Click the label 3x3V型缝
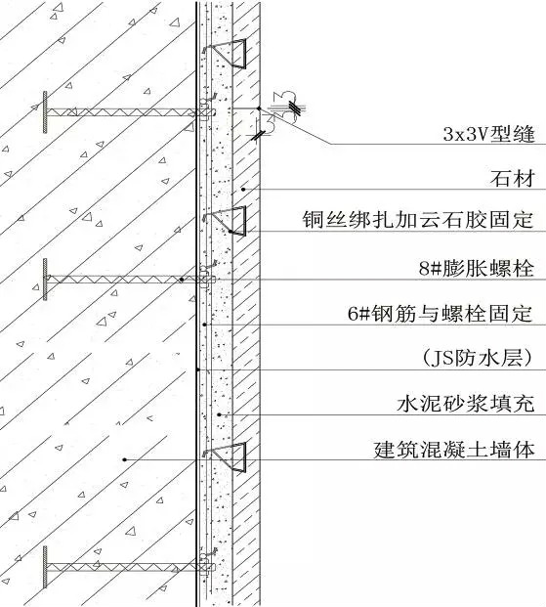[488, 134]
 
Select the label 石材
[513, 179]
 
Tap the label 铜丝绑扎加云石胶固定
[418, 220]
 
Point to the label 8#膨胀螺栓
[477, 268]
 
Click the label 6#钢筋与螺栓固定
[441, 313]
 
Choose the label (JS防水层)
[477, 358]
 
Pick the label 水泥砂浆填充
[466, 404]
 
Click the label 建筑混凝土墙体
[454, 450]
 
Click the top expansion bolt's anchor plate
[45, 112]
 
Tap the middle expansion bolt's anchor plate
[45, 280]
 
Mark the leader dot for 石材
[243, 190]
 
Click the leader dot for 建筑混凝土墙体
[125, 460]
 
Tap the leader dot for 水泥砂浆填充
[219, 414]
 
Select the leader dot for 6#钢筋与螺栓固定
[205, 325]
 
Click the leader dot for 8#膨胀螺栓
[182, 280]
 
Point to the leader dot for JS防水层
[197, 370]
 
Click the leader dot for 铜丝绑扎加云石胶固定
[231, 232]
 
